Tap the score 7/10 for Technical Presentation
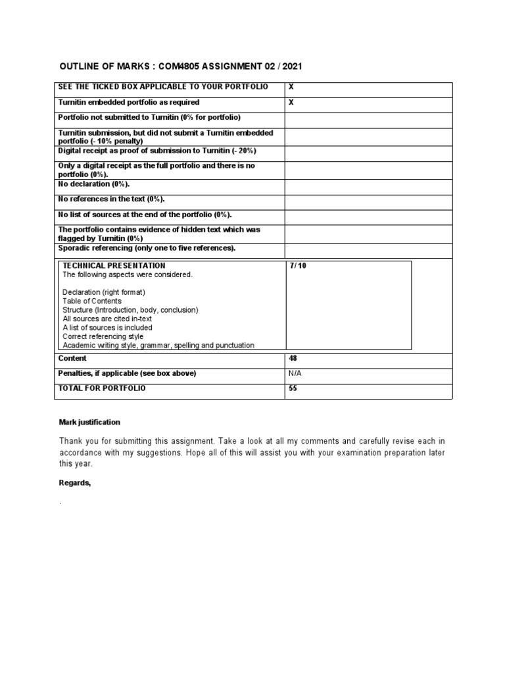point(297,266)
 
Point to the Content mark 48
point(293,359)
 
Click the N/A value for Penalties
point(295,374)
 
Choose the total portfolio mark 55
point(293,389)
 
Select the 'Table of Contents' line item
point(92,301)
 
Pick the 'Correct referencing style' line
point(103,336)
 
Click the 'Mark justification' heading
point(89,422)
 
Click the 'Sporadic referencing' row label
point(147,247)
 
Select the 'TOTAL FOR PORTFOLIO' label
point(102,389)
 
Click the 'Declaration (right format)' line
point(103,292)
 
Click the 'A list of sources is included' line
point(107,327)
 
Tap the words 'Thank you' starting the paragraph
point(76,440)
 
